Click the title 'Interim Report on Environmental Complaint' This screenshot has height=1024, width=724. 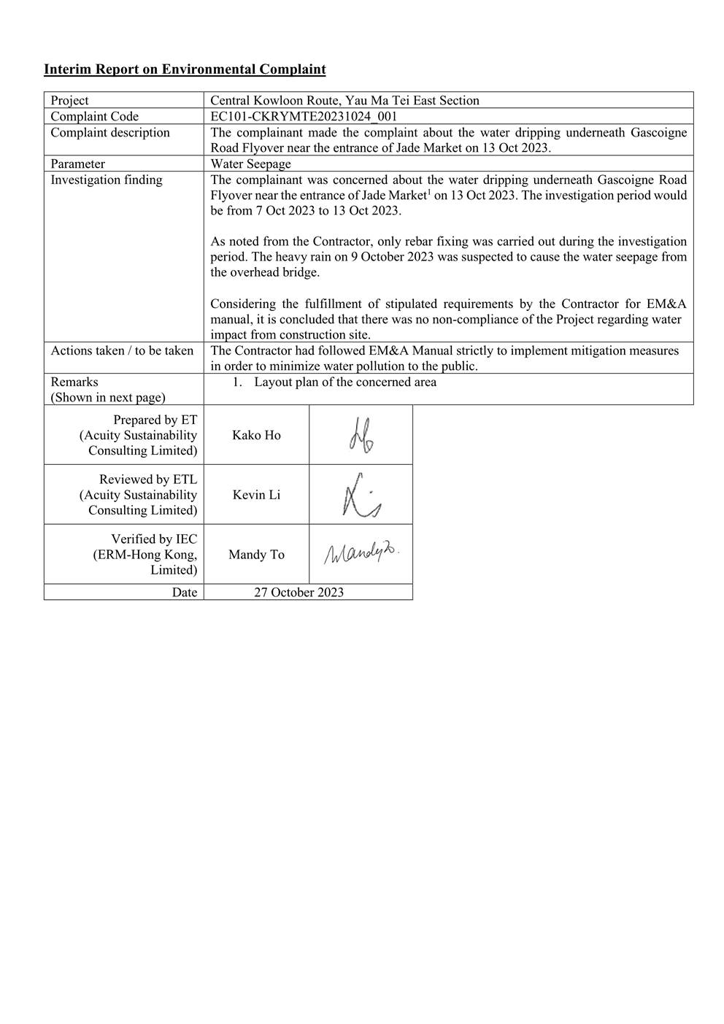[x=185, y=69]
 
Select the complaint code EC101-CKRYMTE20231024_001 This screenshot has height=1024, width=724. [x=304, y=116]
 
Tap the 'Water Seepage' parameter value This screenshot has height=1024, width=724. [x=250, y=163]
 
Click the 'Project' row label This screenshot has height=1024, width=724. [x=69, y=101]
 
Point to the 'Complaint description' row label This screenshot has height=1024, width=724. [x=110, y=132]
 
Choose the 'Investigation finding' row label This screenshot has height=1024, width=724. [x=107, y=180]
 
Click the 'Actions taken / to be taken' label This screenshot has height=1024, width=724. [x=122, y=350]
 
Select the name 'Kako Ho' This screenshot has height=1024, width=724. [x=256, y=435]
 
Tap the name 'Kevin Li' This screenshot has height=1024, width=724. [x=256, y=495]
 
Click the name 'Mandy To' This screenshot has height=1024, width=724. [x=256, y=555]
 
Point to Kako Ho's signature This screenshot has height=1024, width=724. [x=361, y=436]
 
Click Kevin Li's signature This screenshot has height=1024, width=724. [x=361, y=496]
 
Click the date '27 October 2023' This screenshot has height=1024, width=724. [x=299, y=592]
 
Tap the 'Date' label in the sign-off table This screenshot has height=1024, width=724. [x=185, y=592]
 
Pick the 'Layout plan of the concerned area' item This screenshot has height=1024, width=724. [x=345, y=382]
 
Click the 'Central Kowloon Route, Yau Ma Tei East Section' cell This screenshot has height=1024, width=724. [x=344, y=101]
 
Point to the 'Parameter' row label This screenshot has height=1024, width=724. [x=77, y=163]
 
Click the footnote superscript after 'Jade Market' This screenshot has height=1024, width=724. [x=428, y=192]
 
